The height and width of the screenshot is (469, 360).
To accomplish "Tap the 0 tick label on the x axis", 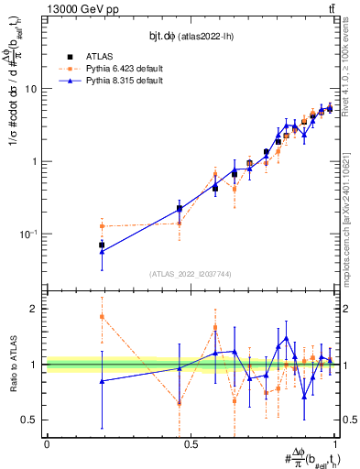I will (x=47, y=442).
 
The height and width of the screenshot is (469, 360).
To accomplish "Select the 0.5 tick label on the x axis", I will (x=191, y=442).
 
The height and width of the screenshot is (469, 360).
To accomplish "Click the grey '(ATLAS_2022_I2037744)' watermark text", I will (x=191, y=274).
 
